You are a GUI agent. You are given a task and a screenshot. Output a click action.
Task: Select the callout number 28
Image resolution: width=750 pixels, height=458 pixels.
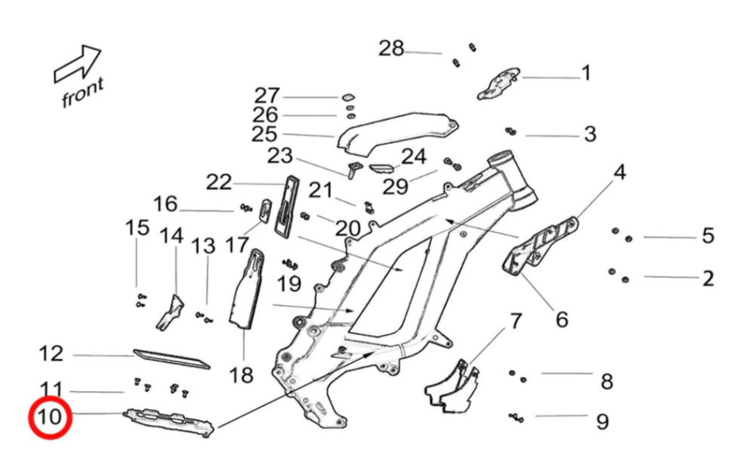391,49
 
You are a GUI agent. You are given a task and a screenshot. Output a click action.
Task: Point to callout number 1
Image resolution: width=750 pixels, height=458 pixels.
585,74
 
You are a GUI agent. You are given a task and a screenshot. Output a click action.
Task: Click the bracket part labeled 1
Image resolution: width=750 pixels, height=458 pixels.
498,82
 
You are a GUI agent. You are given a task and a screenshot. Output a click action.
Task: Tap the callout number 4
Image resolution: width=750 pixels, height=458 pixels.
619,173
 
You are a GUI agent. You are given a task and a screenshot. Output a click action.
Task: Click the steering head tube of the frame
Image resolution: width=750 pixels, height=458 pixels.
514,177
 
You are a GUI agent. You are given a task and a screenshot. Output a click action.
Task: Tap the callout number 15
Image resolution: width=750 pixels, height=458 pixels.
137,227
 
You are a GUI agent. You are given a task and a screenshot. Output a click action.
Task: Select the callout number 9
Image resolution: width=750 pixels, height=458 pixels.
601,421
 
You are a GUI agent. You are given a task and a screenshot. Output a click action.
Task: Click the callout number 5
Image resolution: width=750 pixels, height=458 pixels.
708,236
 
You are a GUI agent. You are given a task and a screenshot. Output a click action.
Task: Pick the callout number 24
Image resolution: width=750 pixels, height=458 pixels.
413,157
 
